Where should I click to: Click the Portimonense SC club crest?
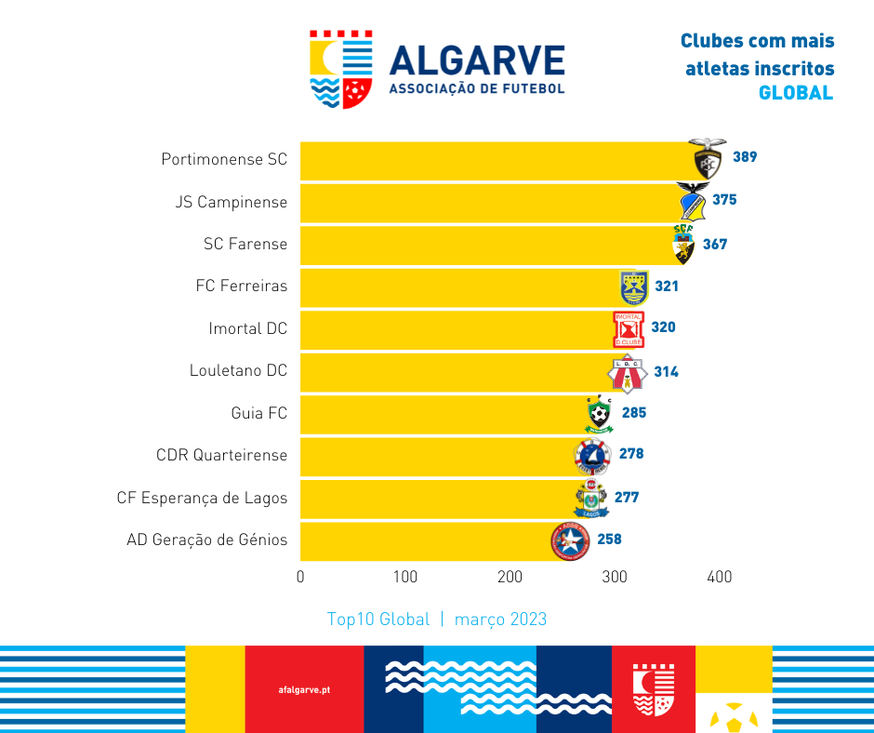coord(708,158)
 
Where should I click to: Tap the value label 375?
coord(724,200)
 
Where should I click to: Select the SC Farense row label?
coord(245,244)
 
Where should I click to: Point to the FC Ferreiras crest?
coord(634,287)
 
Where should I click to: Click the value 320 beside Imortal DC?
coord(663,327)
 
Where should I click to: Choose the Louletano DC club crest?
coord(626,372)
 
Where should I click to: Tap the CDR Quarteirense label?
coord(221,455)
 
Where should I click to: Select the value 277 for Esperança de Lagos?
coord(627,498)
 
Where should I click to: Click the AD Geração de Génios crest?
coord(570,540)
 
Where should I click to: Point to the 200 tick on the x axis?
coord(510,578)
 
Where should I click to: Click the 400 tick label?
coord(720,578)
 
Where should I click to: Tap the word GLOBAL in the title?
coord(796,93)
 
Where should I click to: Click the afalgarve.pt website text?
coord(304,690)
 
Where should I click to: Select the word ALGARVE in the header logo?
coord(477,60)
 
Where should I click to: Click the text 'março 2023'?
coord(500,620)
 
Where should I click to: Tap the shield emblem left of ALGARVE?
coord(341,69)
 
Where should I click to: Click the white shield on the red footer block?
coord(653,689)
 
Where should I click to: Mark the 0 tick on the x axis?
coord(300,578)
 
